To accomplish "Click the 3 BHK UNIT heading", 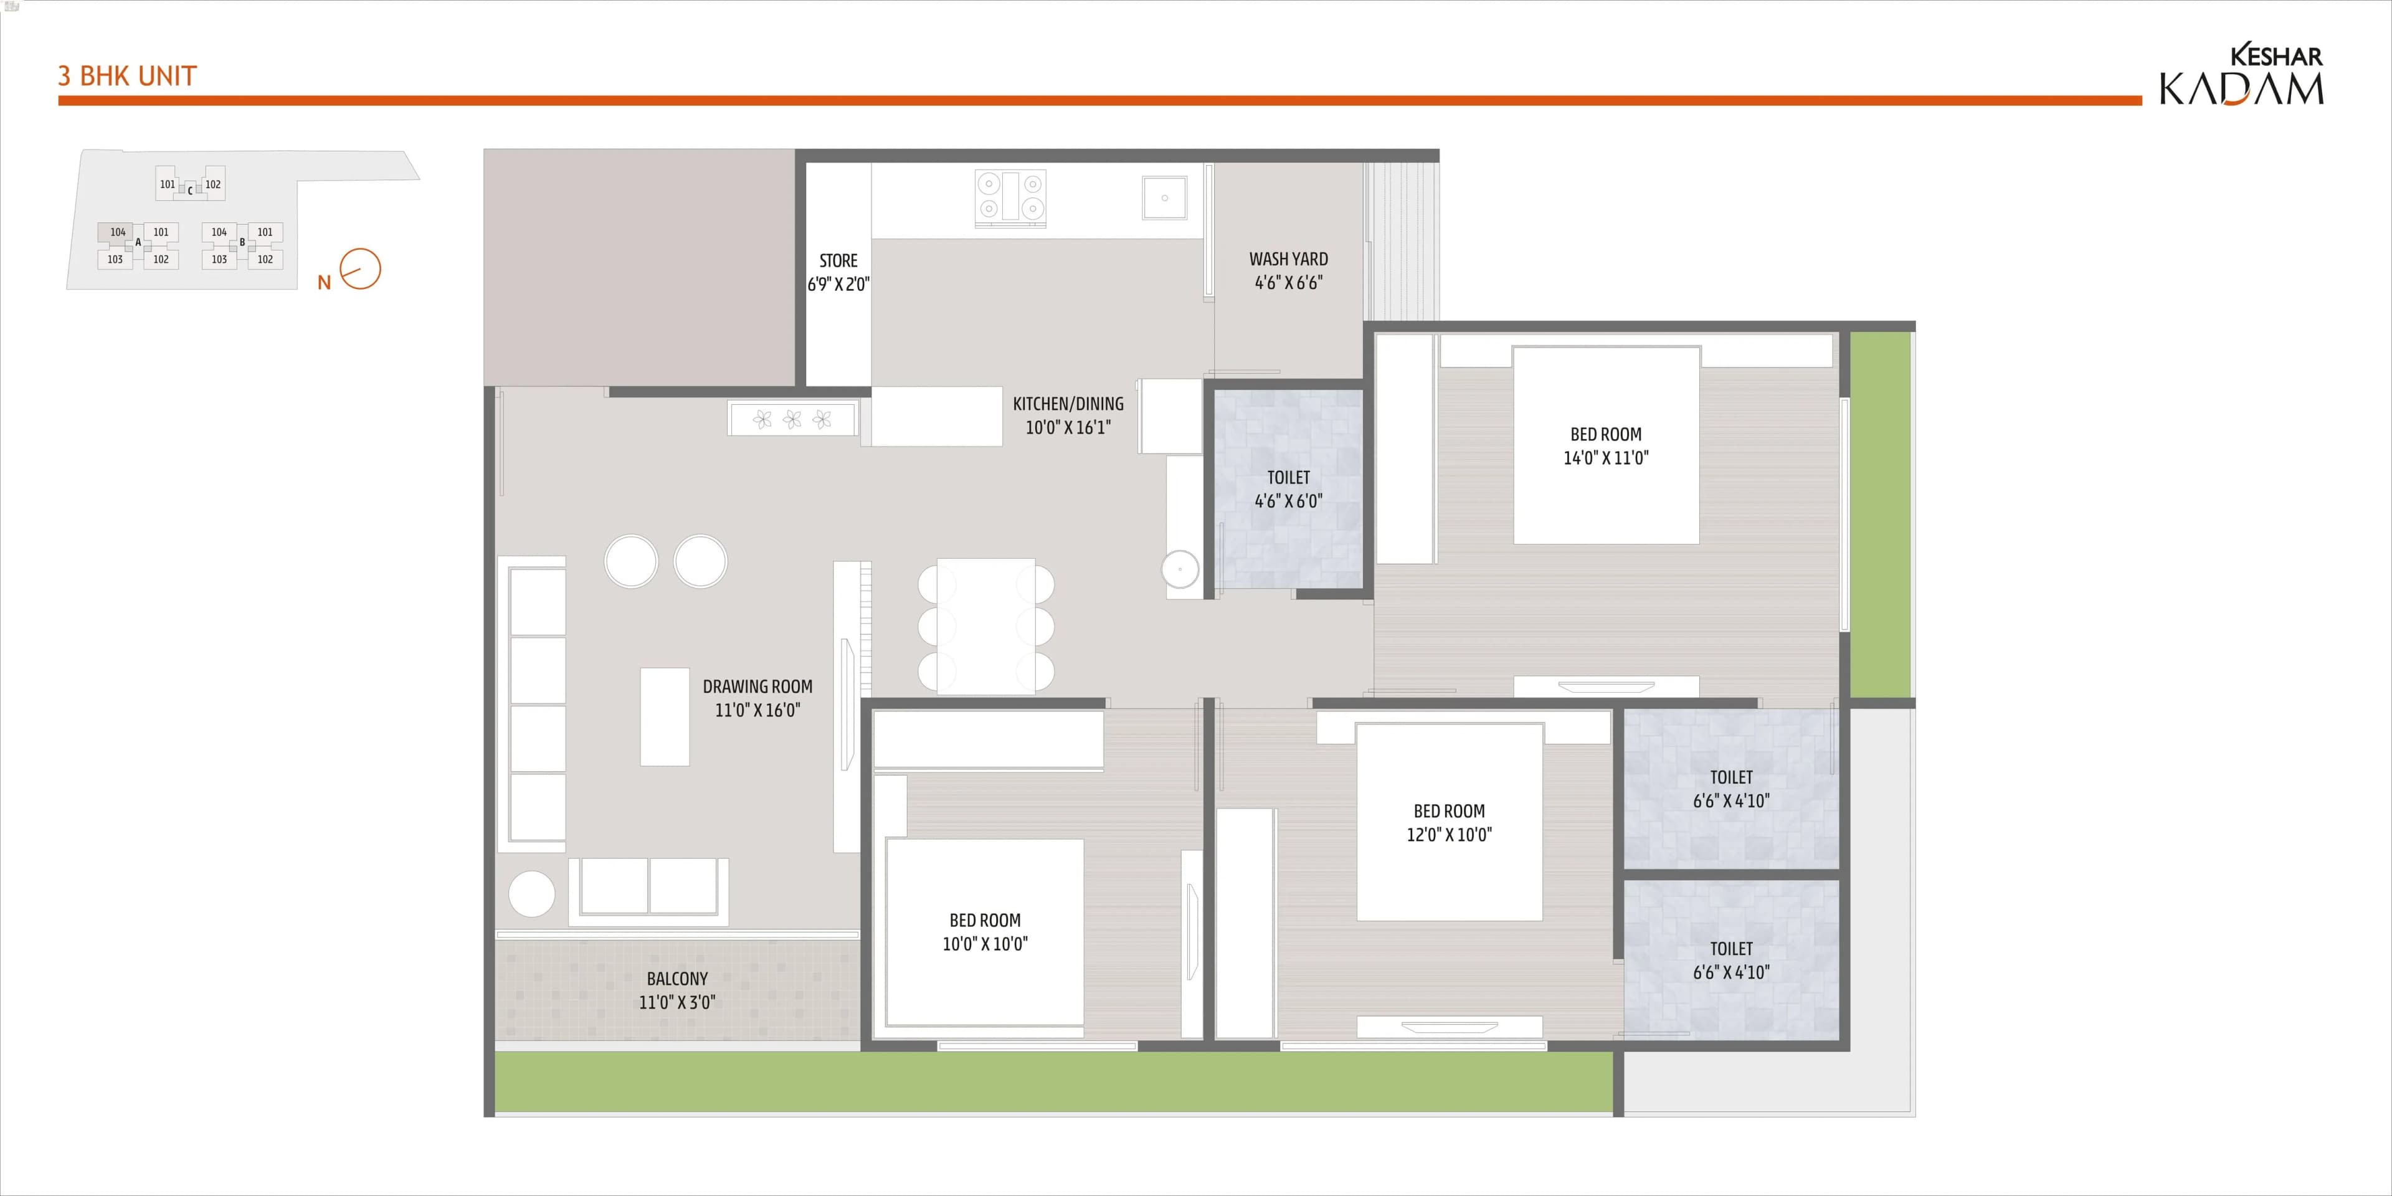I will (127, 75).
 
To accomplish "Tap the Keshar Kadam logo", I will (2241, 75).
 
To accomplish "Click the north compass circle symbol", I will (360, 269).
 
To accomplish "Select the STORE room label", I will (838, 261).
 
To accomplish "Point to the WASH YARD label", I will (1288, 260).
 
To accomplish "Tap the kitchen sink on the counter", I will (1164, 198).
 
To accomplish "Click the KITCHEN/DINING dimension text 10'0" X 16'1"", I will (1068, 428).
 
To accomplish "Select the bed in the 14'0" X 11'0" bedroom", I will (1605, 446).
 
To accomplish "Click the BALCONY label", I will (677, 979).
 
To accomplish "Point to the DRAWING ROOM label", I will (757, 687).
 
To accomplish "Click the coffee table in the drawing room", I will (665, 716).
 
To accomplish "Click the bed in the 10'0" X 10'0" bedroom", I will (984, 931).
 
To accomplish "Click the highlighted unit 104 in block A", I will (117, 232).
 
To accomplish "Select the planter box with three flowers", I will (792, 419).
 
